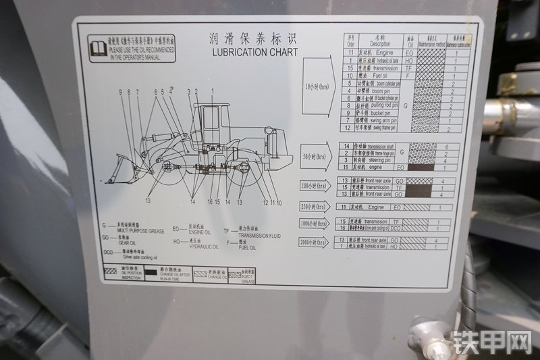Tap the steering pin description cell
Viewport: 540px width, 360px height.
click(376, 160)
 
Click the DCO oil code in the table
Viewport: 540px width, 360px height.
click(398, 228)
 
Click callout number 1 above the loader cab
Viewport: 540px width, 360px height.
click(212, 91)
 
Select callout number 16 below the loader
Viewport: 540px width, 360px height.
click(210, 201)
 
